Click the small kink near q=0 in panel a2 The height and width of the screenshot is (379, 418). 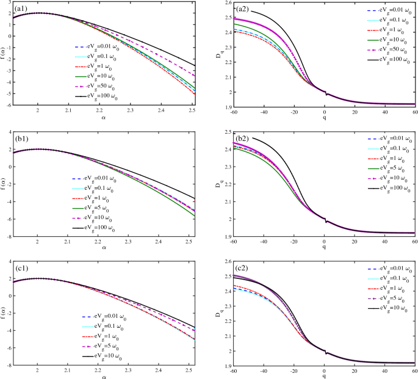(326, 94)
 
